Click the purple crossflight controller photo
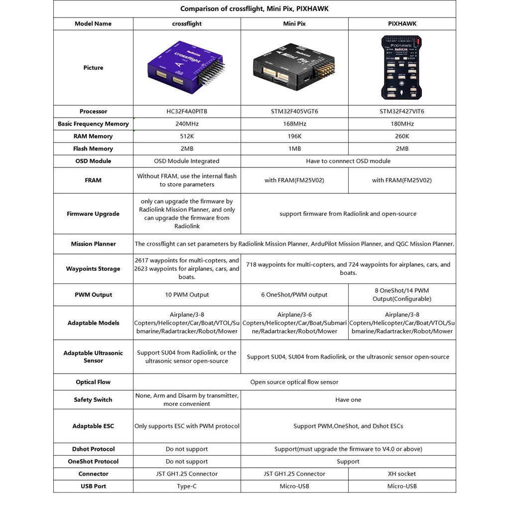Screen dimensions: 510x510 [x=187, y=68]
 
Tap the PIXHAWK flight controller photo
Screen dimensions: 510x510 [x=401, y=67]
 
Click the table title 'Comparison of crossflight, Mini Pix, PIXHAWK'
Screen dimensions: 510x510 [x=255, y=9]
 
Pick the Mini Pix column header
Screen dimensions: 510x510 [x=294, y=23]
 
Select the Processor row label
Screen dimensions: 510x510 [x=93, y=112]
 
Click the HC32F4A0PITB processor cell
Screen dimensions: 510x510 [x=187, y=112]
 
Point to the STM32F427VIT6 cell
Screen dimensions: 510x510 [x=401, y=112]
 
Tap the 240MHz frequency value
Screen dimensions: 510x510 [x=187, y=124]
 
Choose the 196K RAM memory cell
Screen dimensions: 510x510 [x=294, y=136]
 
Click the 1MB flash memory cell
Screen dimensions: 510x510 [x=294, y=149]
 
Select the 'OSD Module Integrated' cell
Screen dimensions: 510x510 [x=187, y=161]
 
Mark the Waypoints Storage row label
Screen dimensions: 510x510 [x=93, y=269]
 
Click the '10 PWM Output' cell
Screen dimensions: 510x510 [x=187, y=295]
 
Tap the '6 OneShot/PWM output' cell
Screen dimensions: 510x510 [x=294, y=295]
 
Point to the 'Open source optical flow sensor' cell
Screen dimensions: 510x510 [x=294, y=382]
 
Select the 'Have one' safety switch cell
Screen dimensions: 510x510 [x=348, y=400]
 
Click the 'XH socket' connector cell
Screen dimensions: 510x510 [x=401, y=474]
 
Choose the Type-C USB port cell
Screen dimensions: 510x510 [x=187, y=487]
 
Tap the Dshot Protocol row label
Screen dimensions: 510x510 [x=93, y=449]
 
